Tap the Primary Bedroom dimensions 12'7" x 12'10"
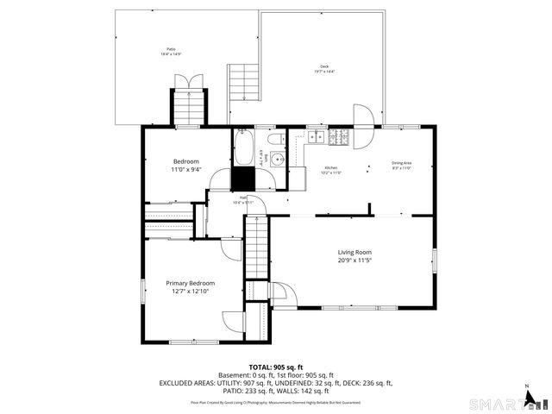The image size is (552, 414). (190, 292)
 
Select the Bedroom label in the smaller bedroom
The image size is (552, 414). (185, 161)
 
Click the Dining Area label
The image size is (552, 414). (401, 163)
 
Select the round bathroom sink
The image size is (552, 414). (278, 159)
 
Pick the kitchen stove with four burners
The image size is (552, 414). (339, 136)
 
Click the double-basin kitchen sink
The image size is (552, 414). (316, 136)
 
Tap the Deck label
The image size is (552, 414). (324, 66)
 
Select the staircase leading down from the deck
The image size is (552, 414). (243, 91)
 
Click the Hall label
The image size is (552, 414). (243, 198)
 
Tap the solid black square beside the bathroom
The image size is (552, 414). (245, 179)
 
